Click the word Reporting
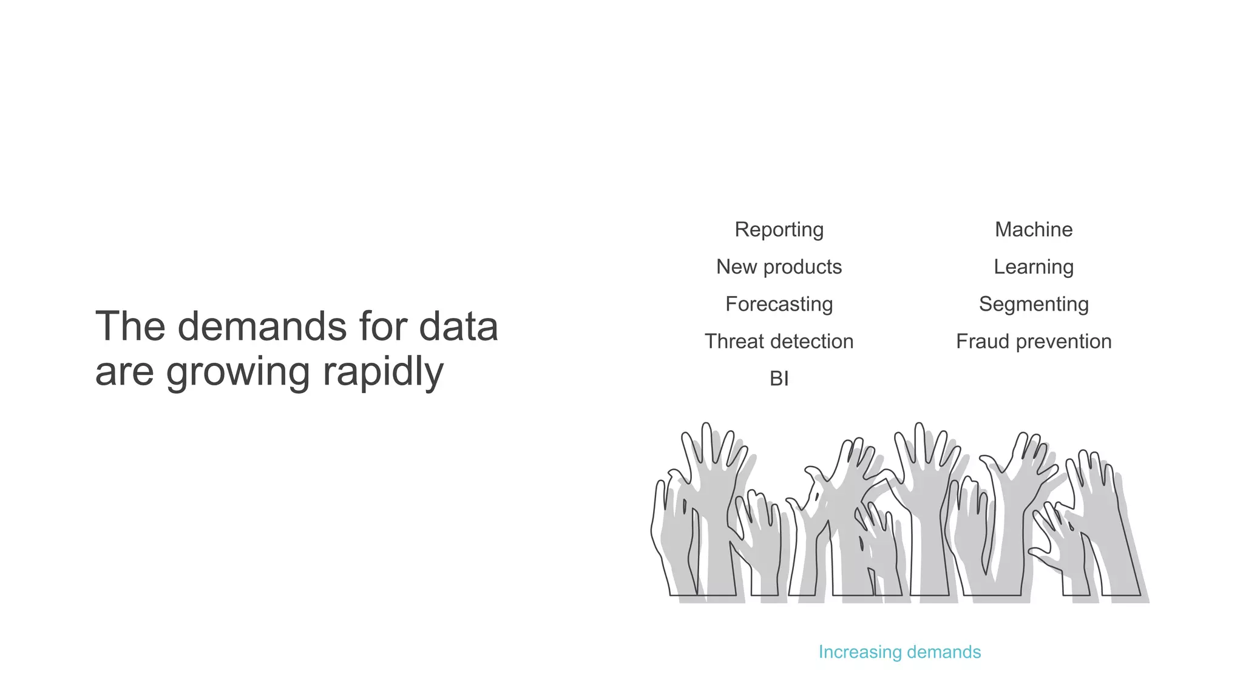point(779,230)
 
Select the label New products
point(779,267)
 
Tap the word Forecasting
point(779,304)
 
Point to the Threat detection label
point(779,342)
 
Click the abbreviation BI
point(779,379)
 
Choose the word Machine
point(1034,230)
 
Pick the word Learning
point(1034,267)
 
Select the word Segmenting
point(1034,304)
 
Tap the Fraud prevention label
point(1034,342)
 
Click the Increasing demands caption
point(899,652)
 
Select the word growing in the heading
point(238,372)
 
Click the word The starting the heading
point(130,326)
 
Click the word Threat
point(734,342)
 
